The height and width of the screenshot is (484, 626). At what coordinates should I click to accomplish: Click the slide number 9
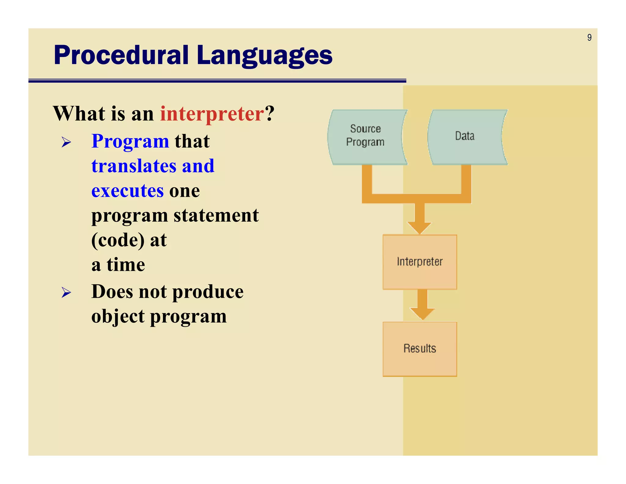pyautogui.click(x=589, y=38)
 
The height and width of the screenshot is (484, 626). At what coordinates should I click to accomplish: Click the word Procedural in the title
pyautogui.click(x=121, y=55)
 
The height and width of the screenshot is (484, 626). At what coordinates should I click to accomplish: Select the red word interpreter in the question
pyautogui.click(x=212, y=114)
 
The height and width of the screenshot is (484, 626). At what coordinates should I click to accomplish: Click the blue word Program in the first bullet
pyautogui.click(x=130, y=141)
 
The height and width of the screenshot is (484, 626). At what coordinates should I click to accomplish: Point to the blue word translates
pyautogui.click(x=134, y=166)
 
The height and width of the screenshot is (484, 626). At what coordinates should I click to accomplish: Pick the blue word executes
pyautogui.click(x=127, y=191)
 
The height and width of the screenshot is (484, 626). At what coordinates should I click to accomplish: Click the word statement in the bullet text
pyautogui.click(x=216, y=215)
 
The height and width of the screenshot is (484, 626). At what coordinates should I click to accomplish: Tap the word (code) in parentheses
pyautogui.click(x=118, y=240)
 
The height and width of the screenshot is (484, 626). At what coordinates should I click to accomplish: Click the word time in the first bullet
pyautogui.click(x=126, y=265)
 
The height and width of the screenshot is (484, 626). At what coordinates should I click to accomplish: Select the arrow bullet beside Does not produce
pyautogui.click(x=66, y=292)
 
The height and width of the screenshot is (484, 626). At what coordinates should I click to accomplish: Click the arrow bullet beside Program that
pyautogui.click(x=66, y=142)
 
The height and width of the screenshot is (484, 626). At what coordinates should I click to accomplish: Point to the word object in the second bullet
pyautogui.click(x=118, y=316)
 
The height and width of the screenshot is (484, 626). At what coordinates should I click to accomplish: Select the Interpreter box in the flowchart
pyautogui.click(x=419, y=262)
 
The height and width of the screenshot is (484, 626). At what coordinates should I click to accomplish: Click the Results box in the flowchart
pyautogui.click(x=419, y=349)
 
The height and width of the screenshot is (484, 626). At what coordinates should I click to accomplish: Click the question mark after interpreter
pyautogui.click(x=270, y=114)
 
